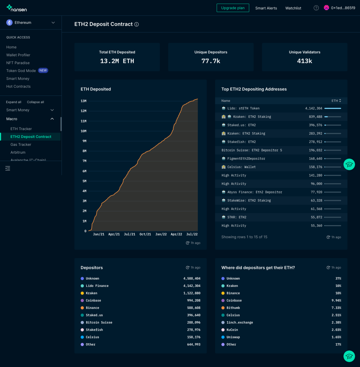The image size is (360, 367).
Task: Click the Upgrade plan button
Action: pyautogui.click(x=233, y=8)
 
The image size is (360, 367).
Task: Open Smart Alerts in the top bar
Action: pyautogui.click(x=266, y=8)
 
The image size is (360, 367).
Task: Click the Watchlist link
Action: pyautogui.click(x=293, y=8)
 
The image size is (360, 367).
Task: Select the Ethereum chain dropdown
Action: pyautogui.click(x=31, y=22)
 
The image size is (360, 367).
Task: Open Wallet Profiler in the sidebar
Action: pyautogui.click(x=18, y=55)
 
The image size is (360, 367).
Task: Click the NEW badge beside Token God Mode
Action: pyautogui.click(x=43, y=71)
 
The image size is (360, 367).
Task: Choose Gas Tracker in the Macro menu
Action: pyautogui.click(x=21, y=144)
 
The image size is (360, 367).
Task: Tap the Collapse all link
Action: pyautogui.click(x=35, y=102)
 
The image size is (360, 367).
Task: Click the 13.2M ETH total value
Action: pyautogui.click(x=117, y=61)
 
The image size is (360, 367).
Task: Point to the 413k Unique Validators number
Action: pyautogui.click(x=305, y=61)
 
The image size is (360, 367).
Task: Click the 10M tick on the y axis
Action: pyautogui.click(x=84, y=131)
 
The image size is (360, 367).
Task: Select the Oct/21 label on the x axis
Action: pyautogui.click(x=145, y=234)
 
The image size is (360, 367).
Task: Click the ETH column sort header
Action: pyautogui.click(x=336, y=101)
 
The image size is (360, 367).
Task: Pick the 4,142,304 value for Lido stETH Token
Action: pyautogui.click(x=314, y=108)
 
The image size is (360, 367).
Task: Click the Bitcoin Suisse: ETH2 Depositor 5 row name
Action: pyautogui.click(x=252, y=150)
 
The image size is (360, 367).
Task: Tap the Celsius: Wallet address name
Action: pyautogui.click(x=241, y=167)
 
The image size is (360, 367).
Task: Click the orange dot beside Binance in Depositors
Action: pyautogui.click(x=82, y=308)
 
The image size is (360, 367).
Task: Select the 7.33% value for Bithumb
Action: pyautogui.click(x=336, y=308)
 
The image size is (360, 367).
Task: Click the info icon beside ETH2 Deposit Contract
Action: pyautogui.click(x=137, y=24)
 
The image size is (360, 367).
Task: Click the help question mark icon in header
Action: pyautogui.click(x=316, y=8)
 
